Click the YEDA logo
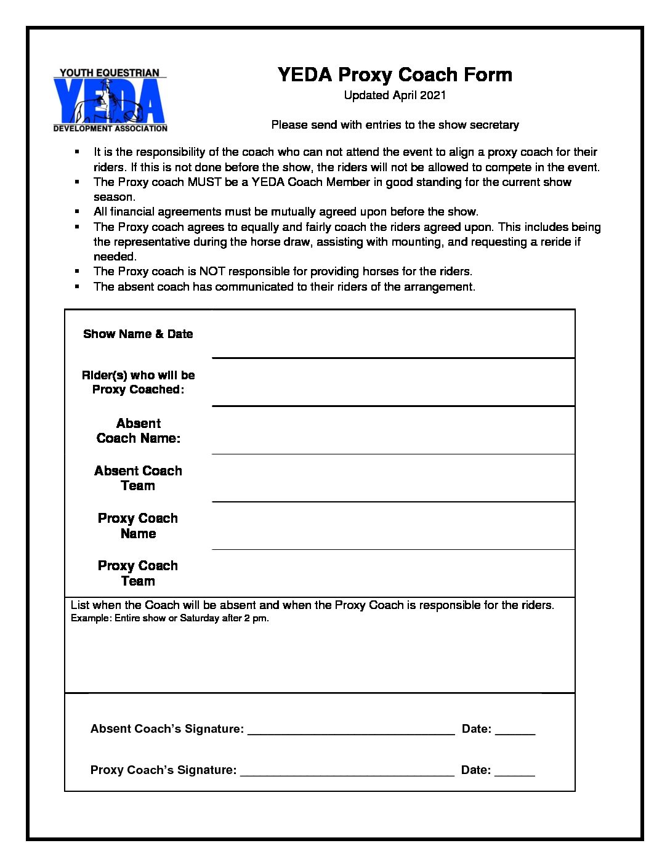pos(110,100)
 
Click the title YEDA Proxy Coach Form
pos(395,75)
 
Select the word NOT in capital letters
pos(211,272)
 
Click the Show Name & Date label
pos(138,334)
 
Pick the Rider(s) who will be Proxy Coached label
pos(138,382)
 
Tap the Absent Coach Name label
pos(138,431)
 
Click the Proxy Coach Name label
pos(138,526)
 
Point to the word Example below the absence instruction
pos(91,618)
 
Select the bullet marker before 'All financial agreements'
pos(77,212)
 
